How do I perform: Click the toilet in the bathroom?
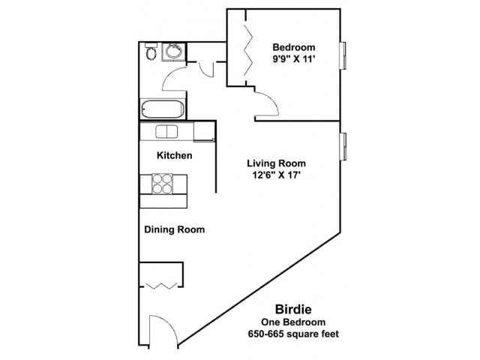tap(150, 52)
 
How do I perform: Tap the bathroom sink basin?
tap(172, 52)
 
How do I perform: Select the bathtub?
tap(161, 110)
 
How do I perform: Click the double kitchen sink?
tap(166, 132)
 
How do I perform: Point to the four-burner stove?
tap(162, 184)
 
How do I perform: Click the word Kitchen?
tap(174, 156)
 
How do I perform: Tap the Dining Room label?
tap(175, 229)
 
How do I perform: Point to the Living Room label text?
tap(277, 163)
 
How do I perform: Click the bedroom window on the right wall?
tap(343, 55)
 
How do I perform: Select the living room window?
tap(343, 147)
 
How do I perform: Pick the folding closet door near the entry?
tap(162, 284)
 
